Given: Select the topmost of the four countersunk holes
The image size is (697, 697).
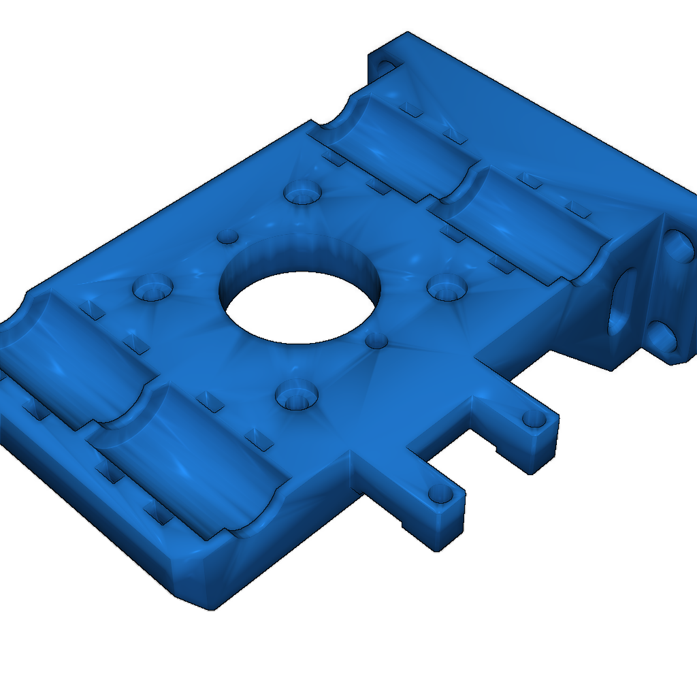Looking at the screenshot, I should (302, 194).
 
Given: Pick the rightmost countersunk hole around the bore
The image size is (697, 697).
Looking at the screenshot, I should (445, 287).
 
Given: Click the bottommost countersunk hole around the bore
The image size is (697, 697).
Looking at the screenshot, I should (297, 395).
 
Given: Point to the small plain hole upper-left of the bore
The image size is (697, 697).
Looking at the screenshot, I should (227, 237).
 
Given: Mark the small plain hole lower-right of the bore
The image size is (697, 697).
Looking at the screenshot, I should (376, 340).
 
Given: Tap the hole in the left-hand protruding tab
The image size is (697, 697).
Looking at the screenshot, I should (436, 493).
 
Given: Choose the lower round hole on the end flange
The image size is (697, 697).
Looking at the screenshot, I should (660, 336).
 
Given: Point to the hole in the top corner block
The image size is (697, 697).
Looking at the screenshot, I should (385, 66).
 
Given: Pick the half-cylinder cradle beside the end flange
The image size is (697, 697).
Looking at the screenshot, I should (524, 225).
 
